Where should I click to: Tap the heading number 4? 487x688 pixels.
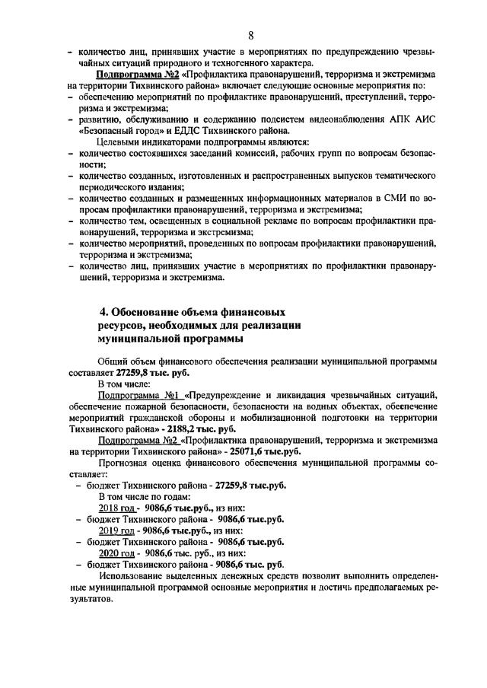click(104, 312)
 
